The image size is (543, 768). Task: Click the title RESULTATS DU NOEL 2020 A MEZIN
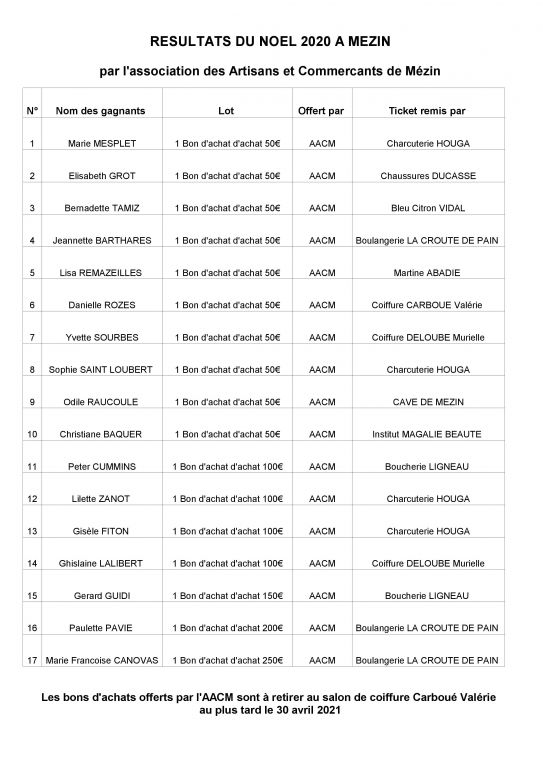271,41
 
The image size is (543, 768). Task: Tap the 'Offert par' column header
321,110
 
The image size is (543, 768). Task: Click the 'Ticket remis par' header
427,110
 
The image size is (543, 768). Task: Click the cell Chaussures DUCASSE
427,175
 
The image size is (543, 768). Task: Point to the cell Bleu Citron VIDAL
427,208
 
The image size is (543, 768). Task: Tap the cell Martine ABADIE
427,272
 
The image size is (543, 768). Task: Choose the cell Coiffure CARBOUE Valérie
427,305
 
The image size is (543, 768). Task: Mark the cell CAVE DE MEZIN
427,401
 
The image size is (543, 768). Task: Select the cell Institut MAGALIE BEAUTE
427,434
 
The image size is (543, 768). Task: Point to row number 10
32,434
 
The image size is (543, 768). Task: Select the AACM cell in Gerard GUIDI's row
321,595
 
